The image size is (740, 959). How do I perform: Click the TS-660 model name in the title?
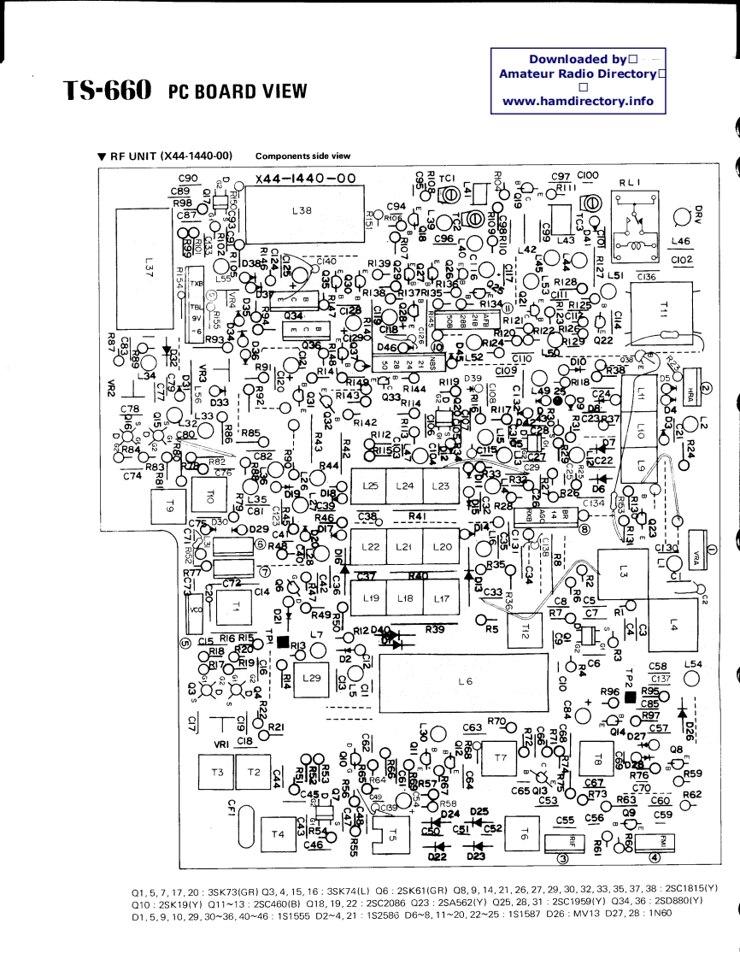(107, 91)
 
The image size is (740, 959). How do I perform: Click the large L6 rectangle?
(465, 681)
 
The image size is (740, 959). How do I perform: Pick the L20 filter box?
(442, 546)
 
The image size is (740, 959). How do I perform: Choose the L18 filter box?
(405, 599)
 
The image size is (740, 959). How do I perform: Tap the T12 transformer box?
(525, 632)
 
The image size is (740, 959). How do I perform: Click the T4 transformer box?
(276, 833)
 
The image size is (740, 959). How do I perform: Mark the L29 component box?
(312, 677)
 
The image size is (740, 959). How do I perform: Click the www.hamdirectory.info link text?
(578, 100)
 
